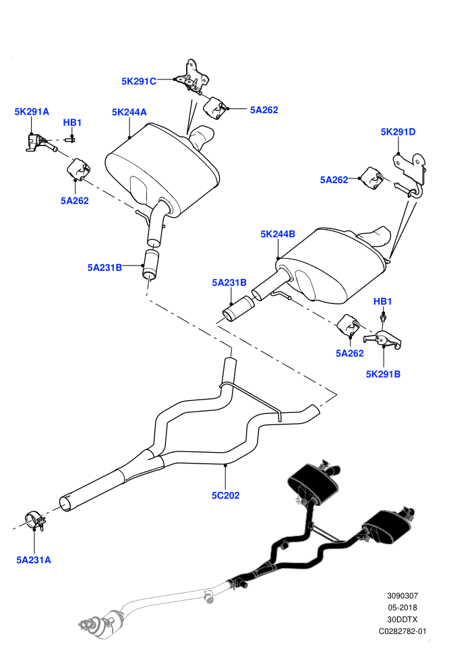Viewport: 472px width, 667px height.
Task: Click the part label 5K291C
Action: pyautogui.click(x=139, y=82)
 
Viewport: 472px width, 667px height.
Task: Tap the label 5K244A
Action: pyautogui.click(x=129, y=112)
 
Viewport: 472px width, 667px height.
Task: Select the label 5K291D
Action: pyautogui.click(x=398, y=132)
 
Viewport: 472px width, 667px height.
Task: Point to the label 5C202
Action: pyautogui.click(x=226, y=495)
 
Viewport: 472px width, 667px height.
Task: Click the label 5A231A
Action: pyautogui.click(x=34, y=560)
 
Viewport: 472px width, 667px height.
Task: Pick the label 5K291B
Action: pyautogui.click(x=383, y=374)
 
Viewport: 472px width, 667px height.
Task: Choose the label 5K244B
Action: pyautogui.click(x=278, y=234)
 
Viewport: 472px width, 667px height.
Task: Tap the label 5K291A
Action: pyautogui.click(x=32, y=111)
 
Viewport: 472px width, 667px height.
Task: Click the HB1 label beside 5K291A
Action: pyautogui.click(x=72, y=123)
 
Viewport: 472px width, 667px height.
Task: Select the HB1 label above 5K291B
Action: pyautogui.click(x=382, y=301)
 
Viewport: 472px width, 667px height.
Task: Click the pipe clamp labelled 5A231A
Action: pyautogui.click(x=35, y=521)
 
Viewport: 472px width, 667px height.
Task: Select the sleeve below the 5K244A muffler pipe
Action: pyautogui.click(x=151, y=263)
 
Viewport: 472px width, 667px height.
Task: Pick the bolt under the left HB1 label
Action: pyautogui.click(x=70, y=139)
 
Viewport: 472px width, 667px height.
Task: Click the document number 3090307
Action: pyautogui.click(x=403, y=596)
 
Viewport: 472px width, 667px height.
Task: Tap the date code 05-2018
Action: pyautogui.click(x=403, y=608)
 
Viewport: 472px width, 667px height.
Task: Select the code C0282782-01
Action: pyautogui.click(x=403, y=632)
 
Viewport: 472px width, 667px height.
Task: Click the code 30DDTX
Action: pyautogui.click(x=403, y=620)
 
